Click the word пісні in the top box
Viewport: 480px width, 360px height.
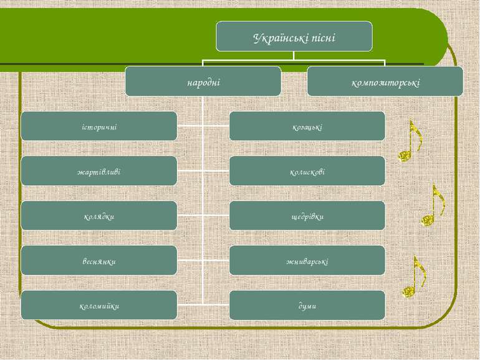(324, 38)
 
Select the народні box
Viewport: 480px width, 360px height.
(203, 82)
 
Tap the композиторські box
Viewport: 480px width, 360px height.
(385, 82)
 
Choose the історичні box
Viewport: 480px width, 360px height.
(99, 126)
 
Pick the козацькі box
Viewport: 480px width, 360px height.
(307, 126)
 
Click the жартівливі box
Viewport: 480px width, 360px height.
(99, 171)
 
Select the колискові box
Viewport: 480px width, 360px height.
(307, 171)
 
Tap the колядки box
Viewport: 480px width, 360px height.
(99, 216)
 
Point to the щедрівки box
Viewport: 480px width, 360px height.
(307, 216)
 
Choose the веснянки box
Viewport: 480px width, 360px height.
(99, 260)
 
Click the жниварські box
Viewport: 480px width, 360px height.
(307, 260)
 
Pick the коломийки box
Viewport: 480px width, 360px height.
(99, 305)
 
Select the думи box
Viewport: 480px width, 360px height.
(307, 305)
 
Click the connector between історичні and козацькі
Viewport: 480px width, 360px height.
(203, 125)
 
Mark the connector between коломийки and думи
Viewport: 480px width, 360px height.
(203, 305)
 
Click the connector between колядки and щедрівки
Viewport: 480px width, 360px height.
(203, 215)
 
